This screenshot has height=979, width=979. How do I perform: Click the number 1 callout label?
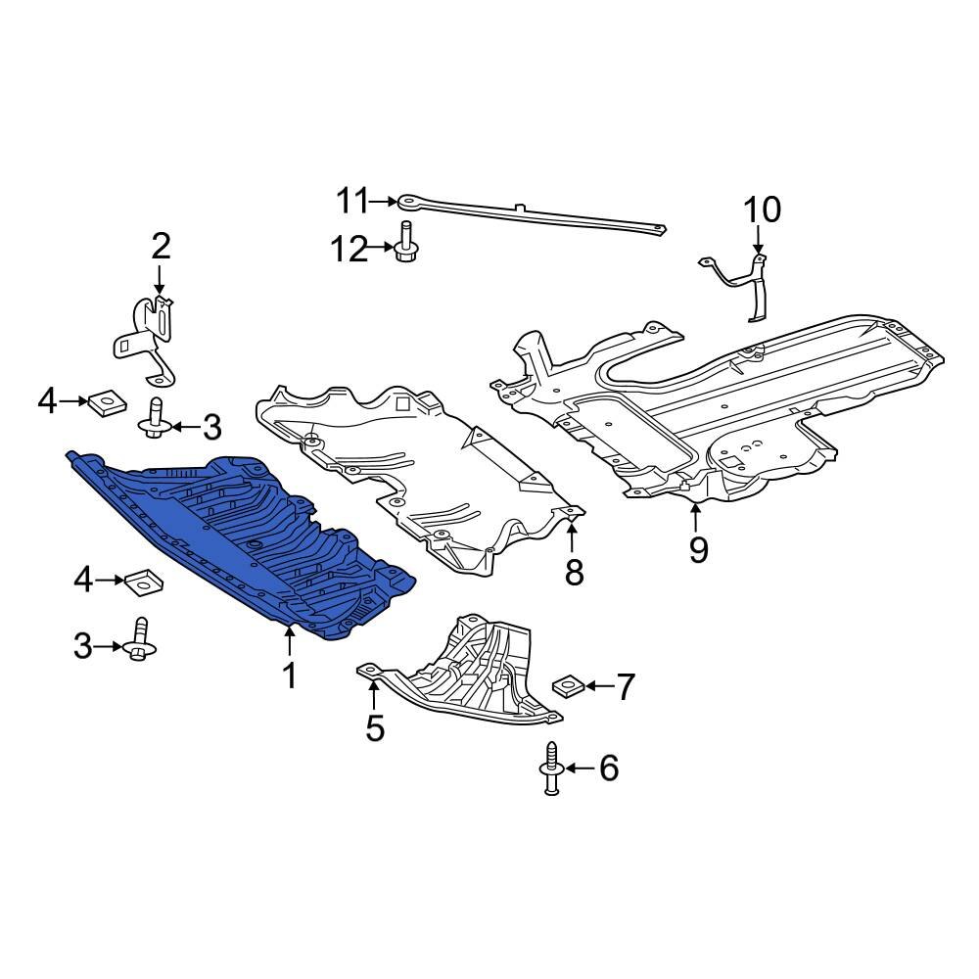coord(289,675)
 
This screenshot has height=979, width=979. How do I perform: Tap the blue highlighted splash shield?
coord(245,548)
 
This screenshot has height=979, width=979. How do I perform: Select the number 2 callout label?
coord(161,245)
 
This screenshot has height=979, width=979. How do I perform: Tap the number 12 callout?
coord(348,251)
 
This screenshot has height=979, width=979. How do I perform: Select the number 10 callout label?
coord(763,210)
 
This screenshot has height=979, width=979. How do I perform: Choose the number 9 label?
coord(697,549)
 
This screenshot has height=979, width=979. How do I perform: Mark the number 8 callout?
coord(574,572)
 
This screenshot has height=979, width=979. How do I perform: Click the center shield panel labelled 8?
coord(421,470)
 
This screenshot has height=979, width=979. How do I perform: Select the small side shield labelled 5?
coord(470,676)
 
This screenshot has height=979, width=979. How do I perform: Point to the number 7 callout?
coord(625,687)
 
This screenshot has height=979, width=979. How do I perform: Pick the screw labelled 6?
coord(550,768)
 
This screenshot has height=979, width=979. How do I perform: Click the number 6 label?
coord(609,769)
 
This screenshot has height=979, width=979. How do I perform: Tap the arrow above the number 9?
coord(697,514)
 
